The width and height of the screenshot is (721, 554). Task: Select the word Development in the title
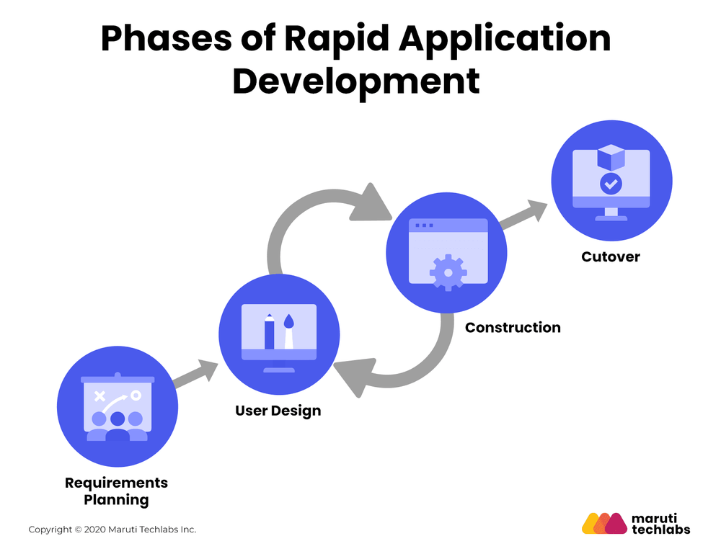355,81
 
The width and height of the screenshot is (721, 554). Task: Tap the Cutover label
611,256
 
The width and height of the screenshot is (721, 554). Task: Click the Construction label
513,328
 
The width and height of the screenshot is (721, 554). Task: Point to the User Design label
278,411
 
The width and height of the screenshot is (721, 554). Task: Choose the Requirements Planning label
116,491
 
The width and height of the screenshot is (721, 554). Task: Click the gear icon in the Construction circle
448,272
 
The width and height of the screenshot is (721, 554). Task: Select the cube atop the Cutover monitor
611,157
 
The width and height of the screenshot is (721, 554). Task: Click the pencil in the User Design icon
269,331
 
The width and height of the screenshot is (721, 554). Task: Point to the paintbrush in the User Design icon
289,331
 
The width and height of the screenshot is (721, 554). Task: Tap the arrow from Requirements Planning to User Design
196,375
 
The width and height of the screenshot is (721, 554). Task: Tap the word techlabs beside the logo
660,530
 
